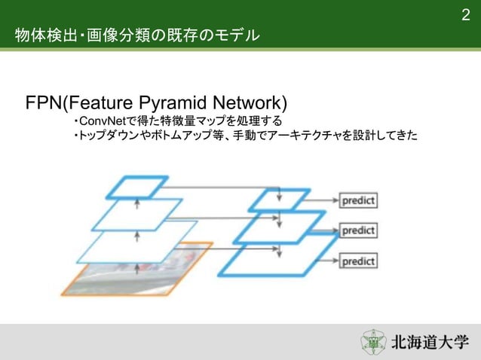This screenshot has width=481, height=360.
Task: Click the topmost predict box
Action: point(358,201)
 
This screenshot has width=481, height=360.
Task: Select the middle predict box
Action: point(358,230)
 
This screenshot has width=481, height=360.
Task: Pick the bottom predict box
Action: point(358,261)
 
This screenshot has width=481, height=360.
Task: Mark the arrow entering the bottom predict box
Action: point(330,261)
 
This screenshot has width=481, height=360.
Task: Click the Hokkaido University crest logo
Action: point(373,342)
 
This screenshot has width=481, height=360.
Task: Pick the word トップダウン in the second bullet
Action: point(110,136)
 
